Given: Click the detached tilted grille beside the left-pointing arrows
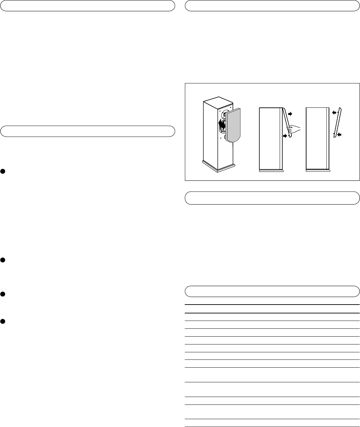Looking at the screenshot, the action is point(338,123).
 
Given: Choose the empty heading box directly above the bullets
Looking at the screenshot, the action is point(88,131).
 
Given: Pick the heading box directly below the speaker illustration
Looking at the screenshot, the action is point(272,198).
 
